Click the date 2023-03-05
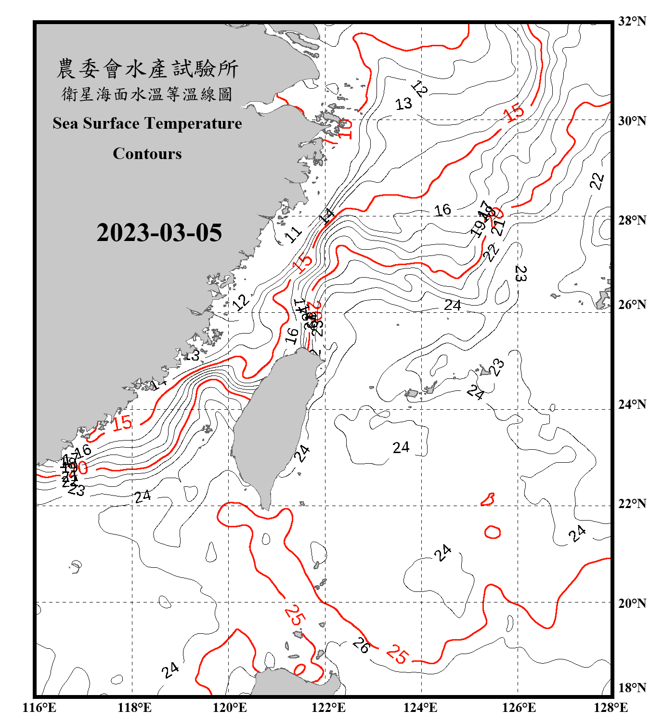coord(159,233)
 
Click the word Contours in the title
coord(147,154)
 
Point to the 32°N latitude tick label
coord(632,21)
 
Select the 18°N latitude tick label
coord(632,688)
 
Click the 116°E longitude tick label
coord(39,708)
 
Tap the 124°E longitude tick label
coord(420,708)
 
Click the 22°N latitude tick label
coord(632,504)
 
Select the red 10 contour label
coord(345,129)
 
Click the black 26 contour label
coord(361,645)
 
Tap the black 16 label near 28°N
coord(442,210)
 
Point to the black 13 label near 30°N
coord(403,104)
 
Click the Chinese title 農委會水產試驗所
coord(147,69)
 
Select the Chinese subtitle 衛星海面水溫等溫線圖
coord(147,94)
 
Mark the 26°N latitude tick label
coord(632,305)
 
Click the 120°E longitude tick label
coord(230,708)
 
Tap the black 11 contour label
coord(293,234)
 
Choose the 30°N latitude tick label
coord(632,120)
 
